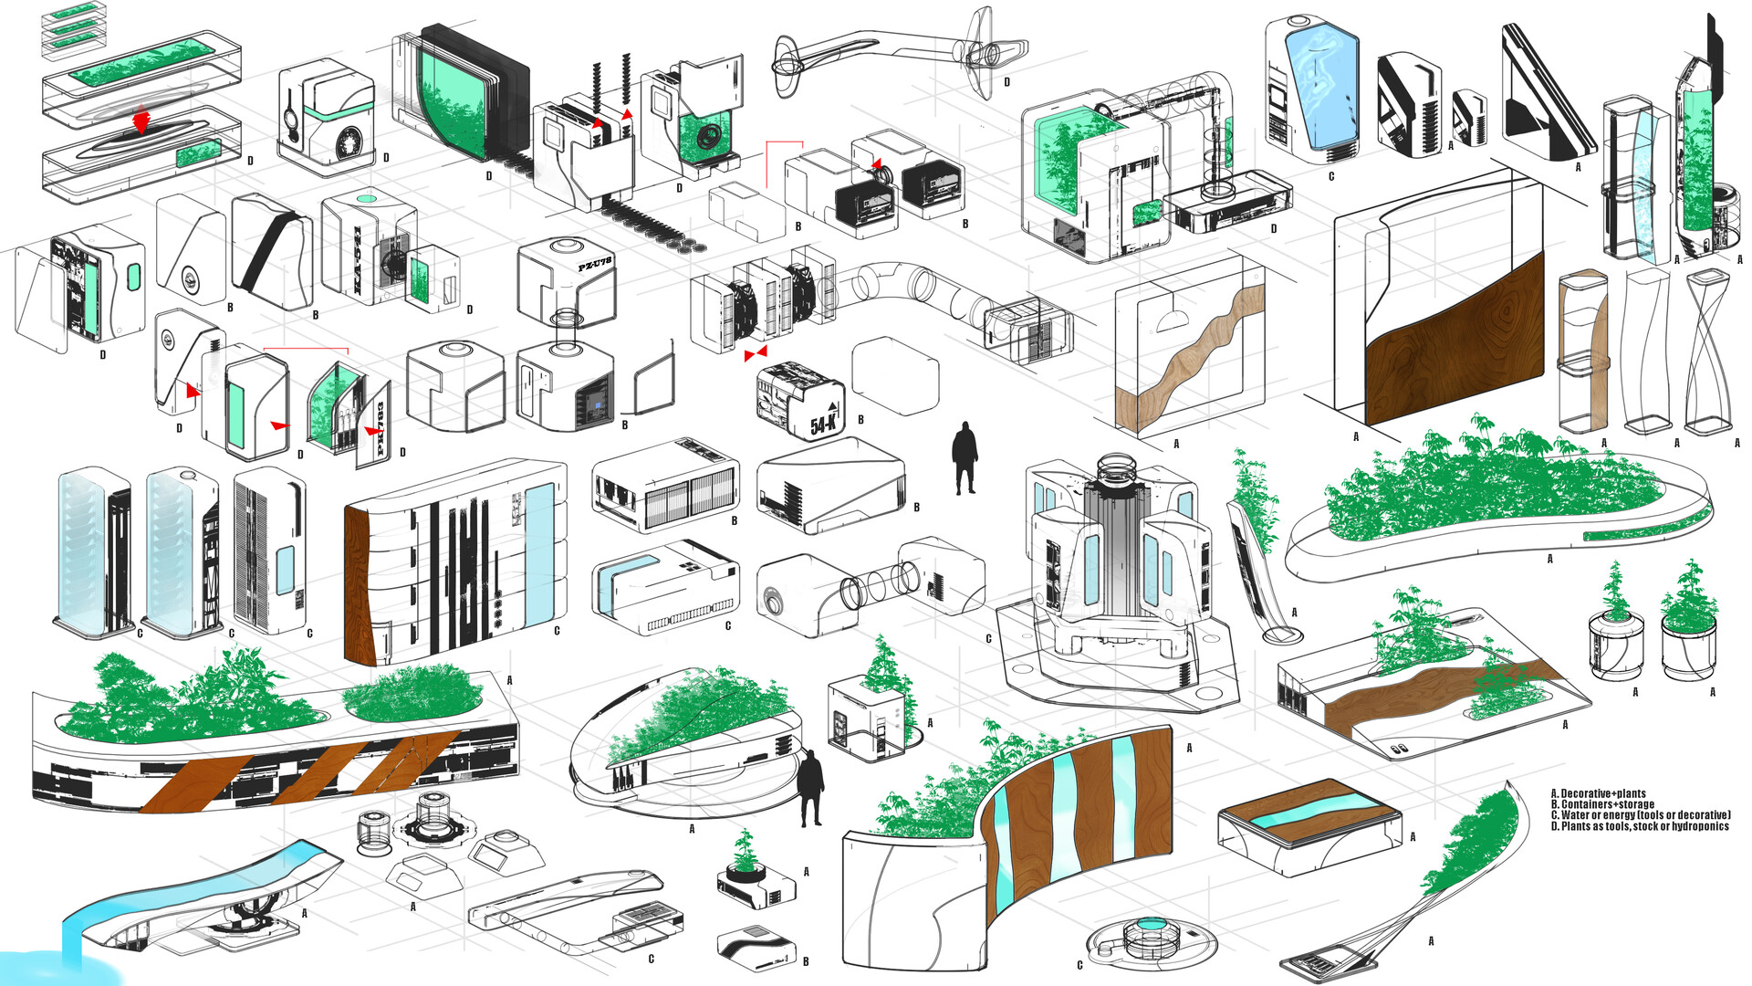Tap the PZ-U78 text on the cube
594,266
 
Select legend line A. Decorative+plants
1598,794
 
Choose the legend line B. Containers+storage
1602,804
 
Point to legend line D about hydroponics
1640,826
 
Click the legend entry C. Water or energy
1640,815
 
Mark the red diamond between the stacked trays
141,121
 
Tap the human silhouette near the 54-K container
965,457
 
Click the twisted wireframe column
1708,351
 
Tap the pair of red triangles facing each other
756,353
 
